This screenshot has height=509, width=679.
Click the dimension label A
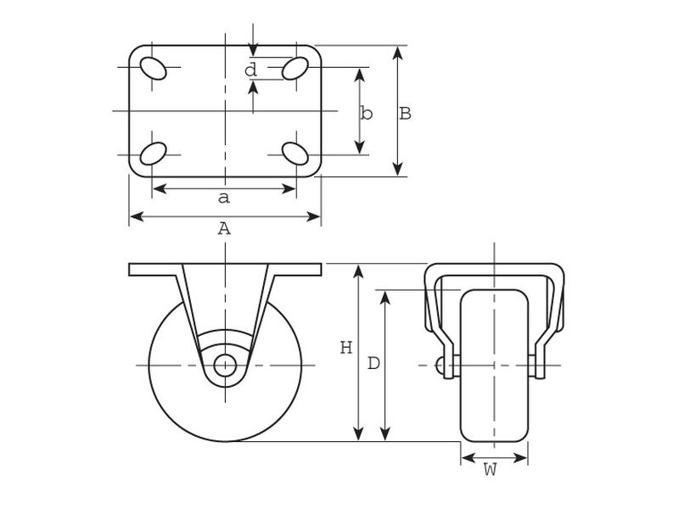click(x=224, y=229)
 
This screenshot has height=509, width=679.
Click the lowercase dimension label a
click(x=224, y=199)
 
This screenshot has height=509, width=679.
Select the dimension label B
click(x=406, y=114)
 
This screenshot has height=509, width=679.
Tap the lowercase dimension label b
click(x=367, y=114)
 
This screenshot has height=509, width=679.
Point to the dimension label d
click(x=250, y=70)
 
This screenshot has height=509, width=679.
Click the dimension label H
click(x=345, y=348)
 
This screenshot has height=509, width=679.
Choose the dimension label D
click(x=373, y=364)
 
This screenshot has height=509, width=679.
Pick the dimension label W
click(x=490, y=470)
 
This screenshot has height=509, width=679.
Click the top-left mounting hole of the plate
click(x=154, y=68)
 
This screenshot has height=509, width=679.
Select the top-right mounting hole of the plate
click(x=295, y=68)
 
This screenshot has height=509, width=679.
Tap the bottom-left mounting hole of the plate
click(x=154, y=154)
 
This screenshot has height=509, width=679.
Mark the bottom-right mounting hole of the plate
click(x=295, y=154)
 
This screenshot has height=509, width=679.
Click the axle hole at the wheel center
click(x=225, y=366)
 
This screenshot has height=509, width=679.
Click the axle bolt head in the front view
click(x=440, y=366)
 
